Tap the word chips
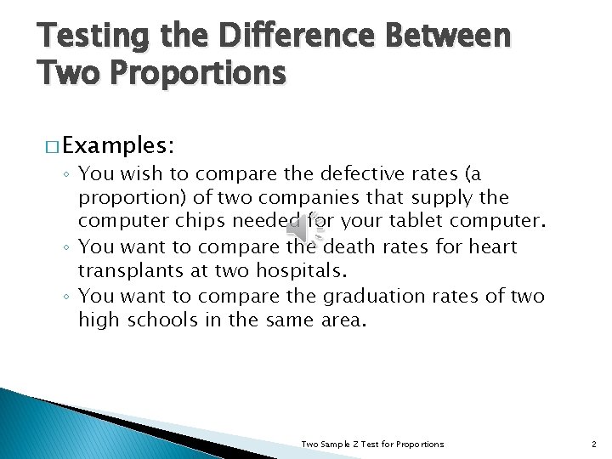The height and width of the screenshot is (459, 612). tap(205, 223)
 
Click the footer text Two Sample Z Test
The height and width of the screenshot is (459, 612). tap(373, 444)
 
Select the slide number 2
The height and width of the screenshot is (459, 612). tap(593, 444)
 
